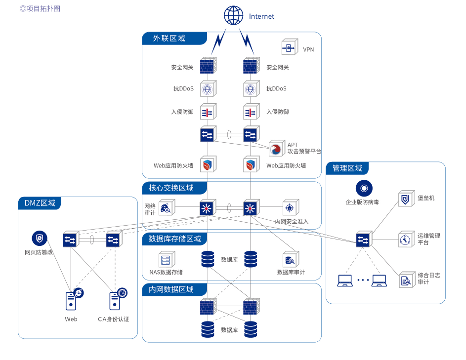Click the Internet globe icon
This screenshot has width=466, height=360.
pyautogui.click(x=234, y=15)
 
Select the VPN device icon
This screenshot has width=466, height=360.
pyautogui.click(x=289, y=48)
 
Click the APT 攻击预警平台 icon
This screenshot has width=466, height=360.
pyautogui.click(x=277, y=149)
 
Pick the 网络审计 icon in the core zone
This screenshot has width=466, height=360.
pyautogui.click(x=166, y=208)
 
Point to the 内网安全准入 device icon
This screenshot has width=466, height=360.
pyautogui.click(x=291, y=208)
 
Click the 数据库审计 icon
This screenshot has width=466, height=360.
pyautogui.click(x=290, y=259)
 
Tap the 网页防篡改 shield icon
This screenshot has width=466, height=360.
pyautogui.click(x=40, y=239)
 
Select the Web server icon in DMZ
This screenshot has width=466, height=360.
pyautogui.click(x=71, y=300)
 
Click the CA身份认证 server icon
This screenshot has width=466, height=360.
pyautogui.click(x=115, y=300)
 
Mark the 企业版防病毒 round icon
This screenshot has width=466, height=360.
pyautogui.click(x=364, y=188)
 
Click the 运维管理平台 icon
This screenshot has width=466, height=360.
pyautogui.click(x=406, y=240)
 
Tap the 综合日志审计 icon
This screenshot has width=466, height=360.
pyautogui.click(x=406, y=280)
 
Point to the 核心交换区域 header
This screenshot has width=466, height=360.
pyautogui.click(x=171, y=188)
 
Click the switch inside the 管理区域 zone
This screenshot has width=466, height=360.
pyautogui.click(x=364, y=240)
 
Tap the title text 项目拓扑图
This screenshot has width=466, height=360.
pyautogui.click(x=42, y=8)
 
